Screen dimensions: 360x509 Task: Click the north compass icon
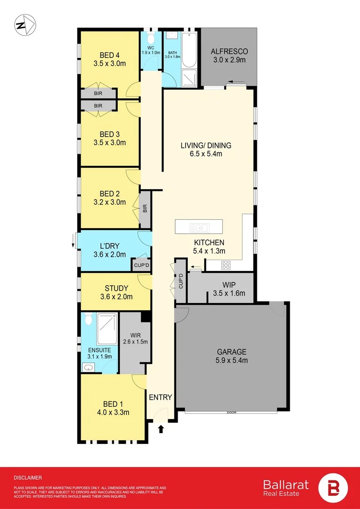[25, 25]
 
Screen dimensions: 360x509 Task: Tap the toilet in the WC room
[150, 39]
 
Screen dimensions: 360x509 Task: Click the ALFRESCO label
[229, 51]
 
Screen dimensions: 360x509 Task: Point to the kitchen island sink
[199, 227]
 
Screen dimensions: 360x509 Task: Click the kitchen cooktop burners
[226, 265]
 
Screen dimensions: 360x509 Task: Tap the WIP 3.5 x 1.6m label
[229, 289]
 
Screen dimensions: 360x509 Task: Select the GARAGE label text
[232, 352]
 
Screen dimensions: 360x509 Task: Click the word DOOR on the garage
[232, 412]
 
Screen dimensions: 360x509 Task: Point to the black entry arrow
[161, 429]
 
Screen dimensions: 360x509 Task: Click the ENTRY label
[160, 397]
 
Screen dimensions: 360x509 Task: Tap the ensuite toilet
[88, 320]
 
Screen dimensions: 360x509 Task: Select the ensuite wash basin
[88, 368]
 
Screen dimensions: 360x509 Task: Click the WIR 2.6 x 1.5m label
[135, 338]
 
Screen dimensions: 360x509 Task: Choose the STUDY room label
[116, 288]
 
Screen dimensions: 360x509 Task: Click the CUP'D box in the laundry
[141, 265]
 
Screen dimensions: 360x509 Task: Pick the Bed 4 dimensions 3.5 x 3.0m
[109, 64]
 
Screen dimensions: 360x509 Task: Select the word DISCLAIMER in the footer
[28, 478]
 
